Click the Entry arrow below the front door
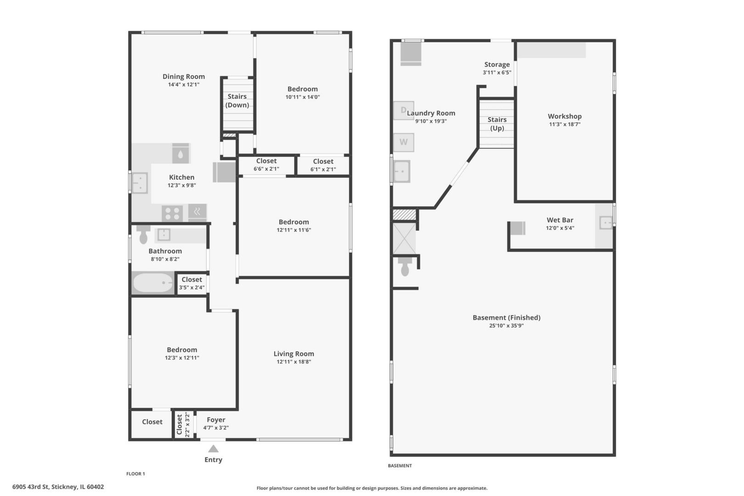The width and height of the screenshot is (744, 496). (213, 449)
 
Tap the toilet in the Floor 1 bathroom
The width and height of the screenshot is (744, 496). (143, 235)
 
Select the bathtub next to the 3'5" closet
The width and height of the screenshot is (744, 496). (153, 283)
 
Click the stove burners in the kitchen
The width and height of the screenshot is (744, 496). (172, 213)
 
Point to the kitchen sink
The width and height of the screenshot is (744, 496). (140, 183)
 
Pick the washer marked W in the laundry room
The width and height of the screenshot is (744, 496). (404, 142)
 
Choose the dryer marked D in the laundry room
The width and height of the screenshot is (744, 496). (404, 110)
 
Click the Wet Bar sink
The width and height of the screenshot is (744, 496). (605, 222)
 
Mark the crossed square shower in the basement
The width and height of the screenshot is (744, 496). (404, 238)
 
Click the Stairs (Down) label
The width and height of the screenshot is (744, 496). (237, 101)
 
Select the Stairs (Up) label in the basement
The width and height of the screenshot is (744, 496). (497, 124)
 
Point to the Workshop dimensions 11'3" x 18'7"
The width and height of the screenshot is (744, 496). (564, 124)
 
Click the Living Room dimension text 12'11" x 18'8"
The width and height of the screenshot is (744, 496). (293, 362)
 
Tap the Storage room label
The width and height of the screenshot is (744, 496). (497, 64)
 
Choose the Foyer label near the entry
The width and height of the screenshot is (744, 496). (216, 420)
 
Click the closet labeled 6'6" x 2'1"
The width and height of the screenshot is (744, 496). (266, 165)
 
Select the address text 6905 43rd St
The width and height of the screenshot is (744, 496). (31, 487)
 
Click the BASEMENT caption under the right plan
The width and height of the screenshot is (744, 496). (400, 466)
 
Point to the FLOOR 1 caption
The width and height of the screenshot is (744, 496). (135, 474)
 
